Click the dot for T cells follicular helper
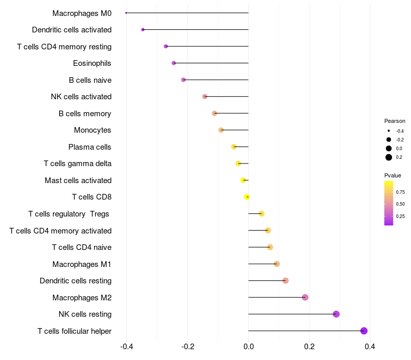point(364,331)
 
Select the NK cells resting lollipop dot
point(336,314)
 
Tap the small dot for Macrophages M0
point(126,13)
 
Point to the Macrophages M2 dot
point(305,297)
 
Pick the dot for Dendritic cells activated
point(143,30)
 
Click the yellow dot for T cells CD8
point(247,197)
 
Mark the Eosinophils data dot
point(174,63)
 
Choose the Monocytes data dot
point(221,130)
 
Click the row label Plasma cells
point(89,147)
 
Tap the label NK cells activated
point(81,97)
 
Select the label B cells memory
point(85,114)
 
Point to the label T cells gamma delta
point(78,164)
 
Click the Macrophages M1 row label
point(82,264)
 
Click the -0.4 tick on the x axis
point(127,347)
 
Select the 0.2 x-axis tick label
point(309,347)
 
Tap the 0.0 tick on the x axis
point(249,347)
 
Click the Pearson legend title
point(395,121)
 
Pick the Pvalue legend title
point(393,175)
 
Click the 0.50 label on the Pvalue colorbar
point(400,204)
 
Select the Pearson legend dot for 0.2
point(389,157)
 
